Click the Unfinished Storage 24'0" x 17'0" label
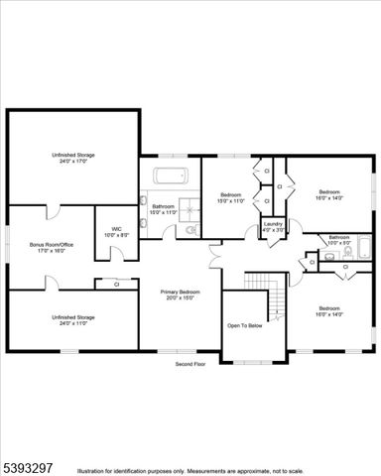coord(73,159)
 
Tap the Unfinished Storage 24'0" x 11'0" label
coord(73,320)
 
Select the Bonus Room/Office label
coord(52,247)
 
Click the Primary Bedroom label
coord(181,295)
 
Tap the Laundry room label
coord(272,229)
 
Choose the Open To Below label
coord(245,325)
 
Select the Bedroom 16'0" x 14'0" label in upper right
coord(329,195)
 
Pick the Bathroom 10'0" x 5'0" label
coord(339,240)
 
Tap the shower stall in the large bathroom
coord(188,228)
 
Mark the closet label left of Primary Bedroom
coord(116,285)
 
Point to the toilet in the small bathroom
coord(312,259)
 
